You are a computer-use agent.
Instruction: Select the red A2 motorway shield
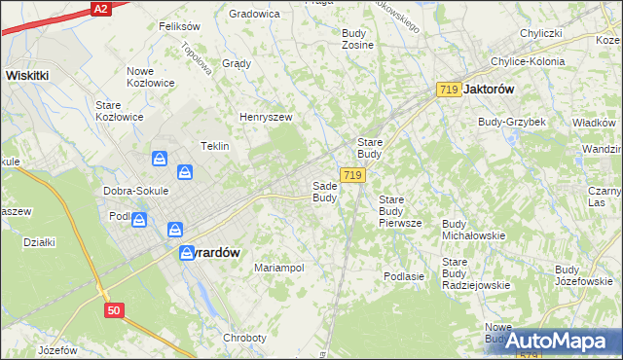click(98, 8)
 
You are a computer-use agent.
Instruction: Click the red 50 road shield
click(115, 310)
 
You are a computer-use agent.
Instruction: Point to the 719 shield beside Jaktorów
click(448, 90)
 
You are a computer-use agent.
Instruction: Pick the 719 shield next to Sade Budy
click(353, 175)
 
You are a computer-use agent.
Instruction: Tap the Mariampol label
click(279, 267)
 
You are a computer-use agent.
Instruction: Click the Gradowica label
click(254, 14)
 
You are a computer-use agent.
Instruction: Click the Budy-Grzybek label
click(511, 122)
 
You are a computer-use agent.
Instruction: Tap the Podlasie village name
click(404, 276)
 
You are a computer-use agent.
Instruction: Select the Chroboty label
click(244, 338)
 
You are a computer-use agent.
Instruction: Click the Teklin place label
click(214, 146)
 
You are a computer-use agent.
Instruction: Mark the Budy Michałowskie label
click(473, 230)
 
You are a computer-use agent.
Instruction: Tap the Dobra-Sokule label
click(137, 191)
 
